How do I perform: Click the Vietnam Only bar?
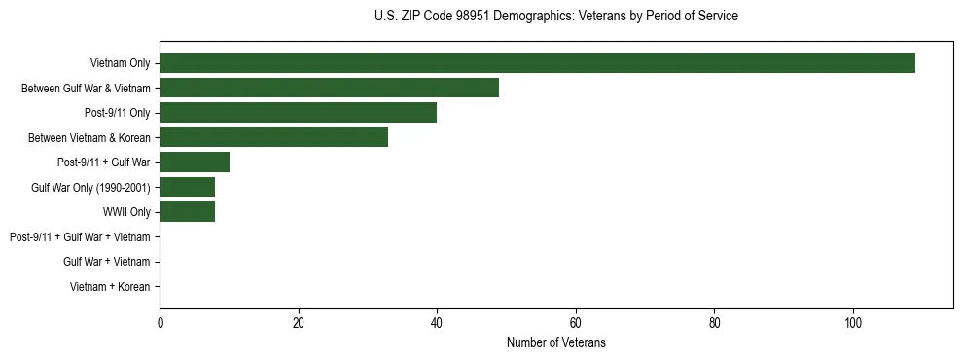(537, 63)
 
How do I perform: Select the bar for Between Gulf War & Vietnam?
(329, 88)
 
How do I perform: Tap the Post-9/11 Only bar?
(298, 113)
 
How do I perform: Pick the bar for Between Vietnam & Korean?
(273, 137)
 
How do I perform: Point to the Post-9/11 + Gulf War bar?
(195, 162)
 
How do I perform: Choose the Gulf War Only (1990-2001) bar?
(187, 187)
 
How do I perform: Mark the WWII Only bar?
(187, 212)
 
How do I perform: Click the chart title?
(555, 17)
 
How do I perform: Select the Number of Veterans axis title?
(555, 342)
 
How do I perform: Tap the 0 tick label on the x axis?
(160, 323)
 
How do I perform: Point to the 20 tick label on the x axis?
(299, 323)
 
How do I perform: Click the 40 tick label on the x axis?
(437, 323)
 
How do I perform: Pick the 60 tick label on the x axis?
(576, 323)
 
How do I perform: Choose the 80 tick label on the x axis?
(714, 323)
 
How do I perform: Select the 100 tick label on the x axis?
(853, 323)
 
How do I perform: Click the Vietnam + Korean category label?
(110, 287)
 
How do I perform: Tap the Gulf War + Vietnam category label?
(106, 262)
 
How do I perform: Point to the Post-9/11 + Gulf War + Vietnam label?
(80, 237)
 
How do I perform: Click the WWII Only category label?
(126, 212)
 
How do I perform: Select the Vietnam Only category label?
(120, 63)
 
